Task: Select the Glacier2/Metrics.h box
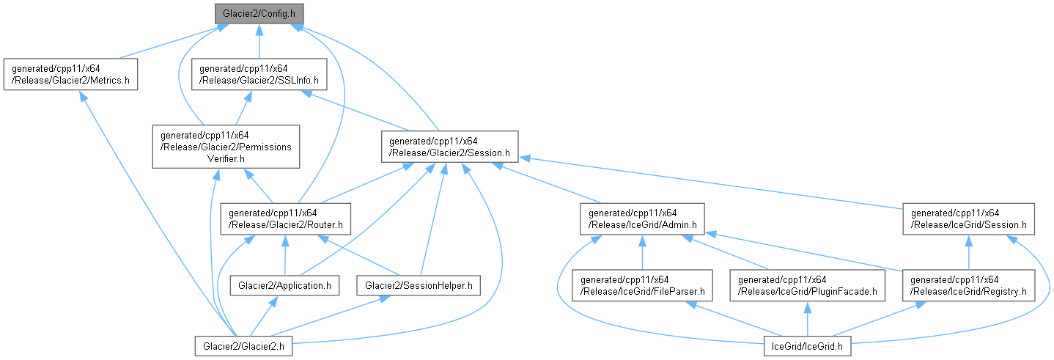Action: pos(70,75)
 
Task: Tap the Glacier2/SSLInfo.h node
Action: pos(259,75)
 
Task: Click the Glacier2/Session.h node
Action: pos(450,146)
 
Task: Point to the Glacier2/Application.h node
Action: pos(284,284)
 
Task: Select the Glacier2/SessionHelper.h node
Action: pos(419,284)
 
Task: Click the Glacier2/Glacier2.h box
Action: pos(244,345)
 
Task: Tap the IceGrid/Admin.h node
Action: pos(642,218)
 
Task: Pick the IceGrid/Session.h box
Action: pos(969,218)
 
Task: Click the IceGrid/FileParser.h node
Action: pos(642,285)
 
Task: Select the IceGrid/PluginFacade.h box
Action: pos(807,285)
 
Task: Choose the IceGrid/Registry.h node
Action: pos(969,285)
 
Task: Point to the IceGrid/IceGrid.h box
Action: pos(807,345)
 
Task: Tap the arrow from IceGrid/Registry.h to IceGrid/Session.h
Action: pos(969,253)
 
